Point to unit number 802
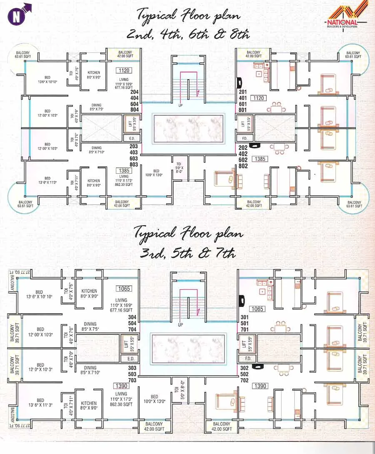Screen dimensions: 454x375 [244, 166]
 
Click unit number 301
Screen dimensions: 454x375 [245, 317]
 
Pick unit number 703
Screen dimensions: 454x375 [132, 380]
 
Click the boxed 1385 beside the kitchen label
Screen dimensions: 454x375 [124, 170]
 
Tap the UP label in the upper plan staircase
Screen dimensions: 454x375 [180, 105]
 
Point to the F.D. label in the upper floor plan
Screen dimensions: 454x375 [244, 138]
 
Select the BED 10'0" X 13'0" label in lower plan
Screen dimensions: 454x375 [154, 399]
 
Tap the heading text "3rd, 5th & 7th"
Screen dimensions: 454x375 [188, 253]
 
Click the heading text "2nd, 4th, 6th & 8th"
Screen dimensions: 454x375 [188, 34]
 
